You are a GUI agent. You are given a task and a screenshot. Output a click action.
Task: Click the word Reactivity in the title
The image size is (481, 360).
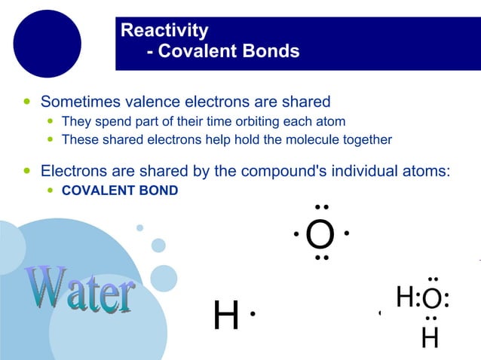[164, 31]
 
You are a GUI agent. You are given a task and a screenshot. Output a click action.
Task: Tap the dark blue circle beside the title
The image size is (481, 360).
[47, 44]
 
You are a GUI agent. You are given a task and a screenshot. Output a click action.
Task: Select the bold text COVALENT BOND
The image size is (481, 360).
[120, 191]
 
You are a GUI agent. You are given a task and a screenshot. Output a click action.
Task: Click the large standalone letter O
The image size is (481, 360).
[320, 235]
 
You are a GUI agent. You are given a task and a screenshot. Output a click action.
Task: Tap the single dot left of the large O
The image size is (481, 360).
[296, 234]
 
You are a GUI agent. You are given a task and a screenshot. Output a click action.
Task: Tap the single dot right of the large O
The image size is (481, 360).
[346, 233]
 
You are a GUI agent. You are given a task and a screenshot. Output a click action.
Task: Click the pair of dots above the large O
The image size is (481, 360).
[322, 207]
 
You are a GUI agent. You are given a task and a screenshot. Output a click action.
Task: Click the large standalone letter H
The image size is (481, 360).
[226, 316]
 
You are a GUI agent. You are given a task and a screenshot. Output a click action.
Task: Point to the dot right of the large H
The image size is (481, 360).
[253, 313]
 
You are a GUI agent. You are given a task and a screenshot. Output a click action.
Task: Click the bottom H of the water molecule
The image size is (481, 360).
[430, 337]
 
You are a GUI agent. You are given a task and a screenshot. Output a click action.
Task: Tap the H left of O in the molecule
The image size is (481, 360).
[405, 297]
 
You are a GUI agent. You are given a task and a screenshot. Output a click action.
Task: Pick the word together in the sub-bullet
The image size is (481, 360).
[366, 139]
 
